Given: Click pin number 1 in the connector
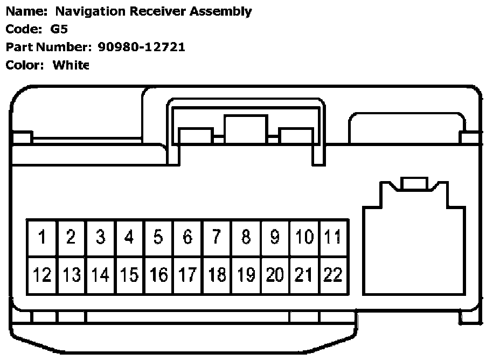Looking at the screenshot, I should click(x=41, y=237).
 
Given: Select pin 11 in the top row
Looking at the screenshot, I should click(x=333, y=237).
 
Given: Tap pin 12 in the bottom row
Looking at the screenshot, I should click(x=41, y=275).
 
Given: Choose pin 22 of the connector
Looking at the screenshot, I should click(x=333, y=275).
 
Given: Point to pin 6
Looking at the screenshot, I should click(x=188, y=237).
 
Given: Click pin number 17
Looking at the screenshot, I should click(x=188, y=275).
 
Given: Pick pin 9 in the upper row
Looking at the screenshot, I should click(x=275, y=237).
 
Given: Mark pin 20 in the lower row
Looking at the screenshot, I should click(x=275, y=275).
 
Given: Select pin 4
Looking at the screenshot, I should click(x=129, y=237).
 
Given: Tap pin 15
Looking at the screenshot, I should click(x=129, y=275).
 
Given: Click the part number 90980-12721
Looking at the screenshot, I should click(x=142, y=47).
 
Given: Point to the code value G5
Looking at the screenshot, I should click(x=59, y=29).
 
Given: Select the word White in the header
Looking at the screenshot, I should click(x=71, y=65).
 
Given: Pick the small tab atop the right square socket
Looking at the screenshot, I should click(x=414, y=184).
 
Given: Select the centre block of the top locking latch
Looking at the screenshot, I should click(x=246, y=130).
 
